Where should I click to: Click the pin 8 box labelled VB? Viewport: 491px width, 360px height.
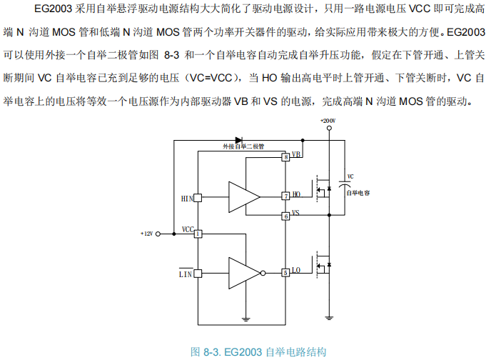tap(285, 156)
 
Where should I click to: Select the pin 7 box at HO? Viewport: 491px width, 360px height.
tap(285, 195)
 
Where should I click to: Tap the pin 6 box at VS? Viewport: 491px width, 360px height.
tap(285, 216)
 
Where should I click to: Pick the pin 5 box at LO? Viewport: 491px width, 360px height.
tap(285, 272)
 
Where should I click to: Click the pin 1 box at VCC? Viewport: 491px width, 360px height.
tap(197, 233)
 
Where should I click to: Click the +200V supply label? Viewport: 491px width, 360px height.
tap(328, 121)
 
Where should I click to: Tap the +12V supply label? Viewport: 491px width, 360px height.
tap(147, 234)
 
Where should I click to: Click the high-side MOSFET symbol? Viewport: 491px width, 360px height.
tap(323, 189)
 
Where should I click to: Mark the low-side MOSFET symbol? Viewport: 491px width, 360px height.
tap(323, 265)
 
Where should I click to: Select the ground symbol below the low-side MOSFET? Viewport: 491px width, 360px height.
tap(328, 316)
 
